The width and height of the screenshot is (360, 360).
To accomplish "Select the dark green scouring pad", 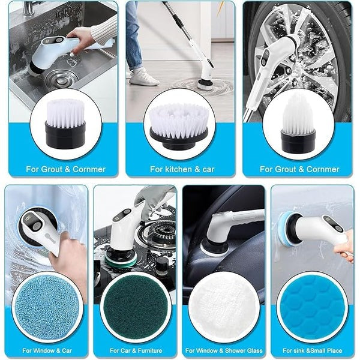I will tap(135, 307).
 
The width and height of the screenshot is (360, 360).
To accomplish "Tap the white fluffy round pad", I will tap(223, 307).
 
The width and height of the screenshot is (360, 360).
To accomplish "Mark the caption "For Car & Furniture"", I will tap(135, 350).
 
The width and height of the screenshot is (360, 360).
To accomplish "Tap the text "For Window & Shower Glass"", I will tap(223, 350).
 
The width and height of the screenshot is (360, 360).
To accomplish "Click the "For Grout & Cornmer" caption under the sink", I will tap(65, 169).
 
